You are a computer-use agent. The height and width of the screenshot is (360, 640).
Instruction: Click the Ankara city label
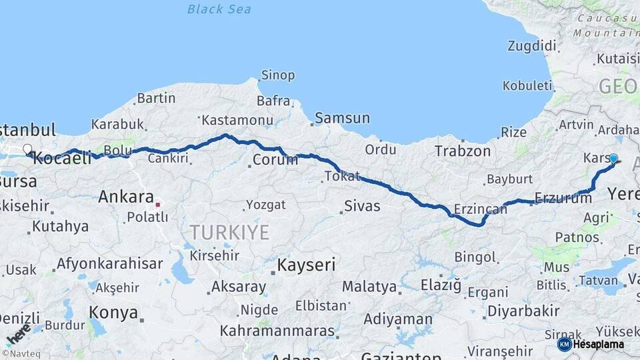(x=126, y=197)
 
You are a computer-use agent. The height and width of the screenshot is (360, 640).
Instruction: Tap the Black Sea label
(x=219, y=9)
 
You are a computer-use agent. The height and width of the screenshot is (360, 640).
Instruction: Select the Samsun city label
(x=341, y=118)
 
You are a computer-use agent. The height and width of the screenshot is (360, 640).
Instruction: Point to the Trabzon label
(x=463, y=151)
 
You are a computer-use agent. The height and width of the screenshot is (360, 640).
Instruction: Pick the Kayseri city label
(x=306, y=265)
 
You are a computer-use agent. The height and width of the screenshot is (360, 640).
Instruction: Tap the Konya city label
(x=113, y=313)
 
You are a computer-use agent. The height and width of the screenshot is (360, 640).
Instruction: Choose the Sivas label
(x=363, y=206)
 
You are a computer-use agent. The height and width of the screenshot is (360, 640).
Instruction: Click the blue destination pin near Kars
(x=613, y=159)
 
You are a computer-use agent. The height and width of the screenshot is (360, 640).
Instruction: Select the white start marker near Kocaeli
(x=27, y=149)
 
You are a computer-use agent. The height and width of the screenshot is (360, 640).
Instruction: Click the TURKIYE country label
(x=229, y=233)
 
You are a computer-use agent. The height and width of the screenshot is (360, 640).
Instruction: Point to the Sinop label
(x=278, y=75)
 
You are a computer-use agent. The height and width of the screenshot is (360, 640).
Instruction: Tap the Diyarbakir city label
(x=523, y=311)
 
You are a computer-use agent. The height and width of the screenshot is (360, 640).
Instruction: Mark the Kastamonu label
(x=237, y=121)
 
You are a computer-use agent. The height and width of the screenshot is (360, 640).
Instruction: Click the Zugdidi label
(x=531, y=46)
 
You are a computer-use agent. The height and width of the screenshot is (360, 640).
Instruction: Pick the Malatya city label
(x=369, y=287)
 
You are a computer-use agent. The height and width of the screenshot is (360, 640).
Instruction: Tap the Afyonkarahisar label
(x=109, y=263)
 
